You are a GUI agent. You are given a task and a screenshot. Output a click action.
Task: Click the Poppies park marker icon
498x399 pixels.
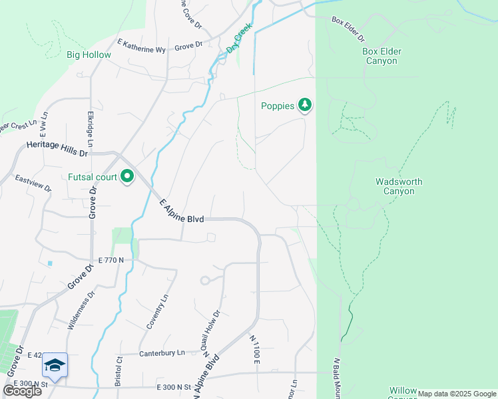point(305,105)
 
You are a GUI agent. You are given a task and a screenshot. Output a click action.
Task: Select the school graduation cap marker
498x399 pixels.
point(55,365)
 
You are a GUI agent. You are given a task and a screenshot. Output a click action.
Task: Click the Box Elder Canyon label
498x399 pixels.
point(381,56)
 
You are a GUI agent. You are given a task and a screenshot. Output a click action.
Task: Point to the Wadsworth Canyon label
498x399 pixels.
point(399,186)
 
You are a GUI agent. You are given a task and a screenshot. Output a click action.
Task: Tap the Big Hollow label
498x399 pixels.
point(89,55)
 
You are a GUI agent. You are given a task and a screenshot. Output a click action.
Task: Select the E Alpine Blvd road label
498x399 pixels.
point(181,213)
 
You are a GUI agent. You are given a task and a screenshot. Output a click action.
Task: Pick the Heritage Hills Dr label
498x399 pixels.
point(57,148)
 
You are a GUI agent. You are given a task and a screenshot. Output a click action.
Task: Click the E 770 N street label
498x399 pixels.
point(111,260)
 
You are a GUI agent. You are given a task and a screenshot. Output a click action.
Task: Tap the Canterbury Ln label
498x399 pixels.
point(162,352)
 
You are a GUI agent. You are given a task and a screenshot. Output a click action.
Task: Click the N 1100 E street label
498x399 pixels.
point(254,349)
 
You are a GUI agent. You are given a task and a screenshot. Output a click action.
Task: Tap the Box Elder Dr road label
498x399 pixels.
point(349,24)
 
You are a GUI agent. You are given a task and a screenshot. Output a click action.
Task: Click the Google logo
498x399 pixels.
point(22,391)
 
